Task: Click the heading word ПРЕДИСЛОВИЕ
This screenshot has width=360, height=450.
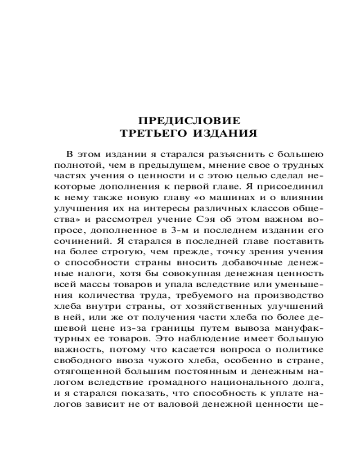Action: click(189, 121)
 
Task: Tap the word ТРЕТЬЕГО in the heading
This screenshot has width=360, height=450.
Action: click(150, 134)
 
